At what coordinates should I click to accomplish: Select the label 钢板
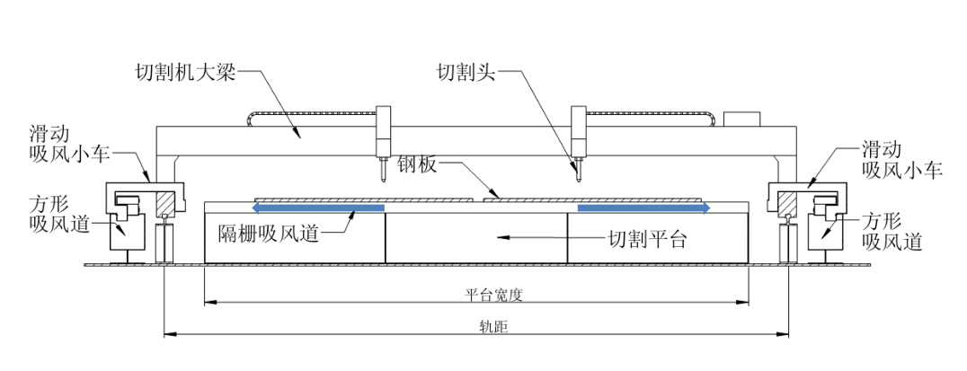tap(417, 164)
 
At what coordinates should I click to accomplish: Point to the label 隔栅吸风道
tap(269, 233)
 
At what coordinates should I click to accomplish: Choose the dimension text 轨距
tap(492, 328)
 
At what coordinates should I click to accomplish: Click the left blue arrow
tap(318, 208)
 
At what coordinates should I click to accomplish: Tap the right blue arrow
tap(643, 208)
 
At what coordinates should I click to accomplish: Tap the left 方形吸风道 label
tap(59, 215)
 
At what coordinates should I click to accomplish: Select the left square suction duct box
tap(127, 228)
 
